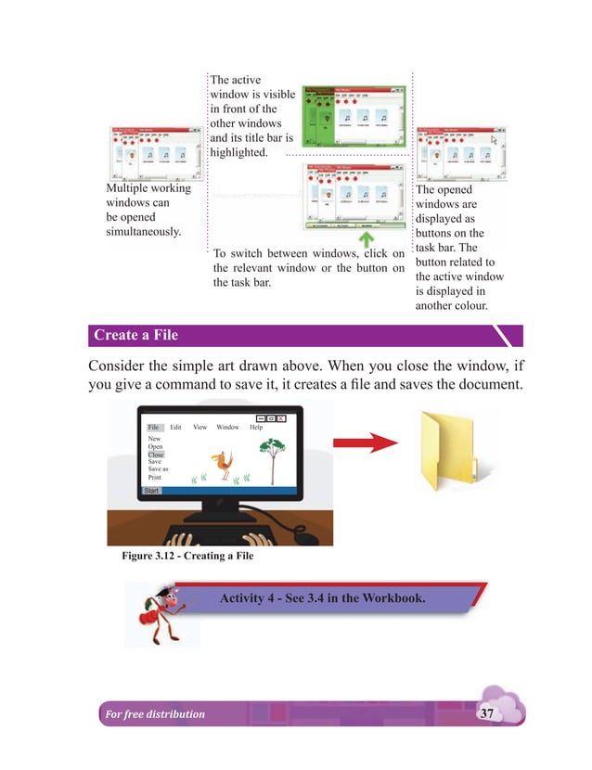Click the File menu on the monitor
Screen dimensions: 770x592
(x=154, y=427)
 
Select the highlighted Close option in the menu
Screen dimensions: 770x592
(x=156, y=455)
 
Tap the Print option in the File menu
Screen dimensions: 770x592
(x=155, y=477)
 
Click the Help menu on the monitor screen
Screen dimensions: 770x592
(x=256, y=427)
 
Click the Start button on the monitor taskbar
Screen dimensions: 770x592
(x=152, y=490)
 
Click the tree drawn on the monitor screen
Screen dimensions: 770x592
(x=271, y=458)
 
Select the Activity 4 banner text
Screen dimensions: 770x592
(x=322, y=597)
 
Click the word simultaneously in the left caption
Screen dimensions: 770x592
(x=144, y=232)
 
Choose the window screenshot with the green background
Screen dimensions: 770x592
(x=354, y=118)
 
